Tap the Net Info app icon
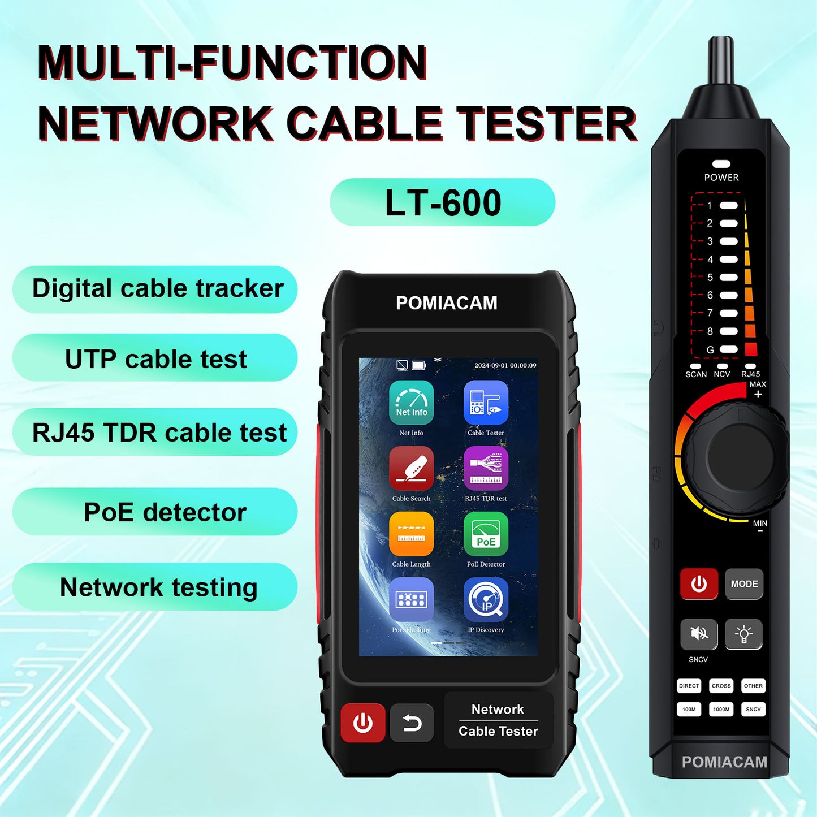click(x=411, y=403)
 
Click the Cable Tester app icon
click(x=486, y=403)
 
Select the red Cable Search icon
click(x=411, y=468)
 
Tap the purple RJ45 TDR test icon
click(x=486, y=468)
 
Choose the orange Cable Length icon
click(x=411, y=534)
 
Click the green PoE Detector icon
click(x=486, y=534)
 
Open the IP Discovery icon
click(x=486, y=599)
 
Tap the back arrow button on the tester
click(x=412, y=723)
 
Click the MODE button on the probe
click(x=744, y=583)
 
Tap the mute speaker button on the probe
click(x=699, y=634)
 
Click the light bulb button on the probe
click(x=743, y=634)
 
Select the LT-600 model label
click(x=443, y=202)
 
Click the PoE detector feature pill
click(x=155, y=512)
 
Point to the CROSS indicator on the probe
click(x=721, y=686)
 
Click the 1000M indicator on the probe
click(x=721, y=709)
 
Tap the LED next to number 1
click(x=729, y=205)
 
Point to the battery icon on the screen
click(x=419, y=365)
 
